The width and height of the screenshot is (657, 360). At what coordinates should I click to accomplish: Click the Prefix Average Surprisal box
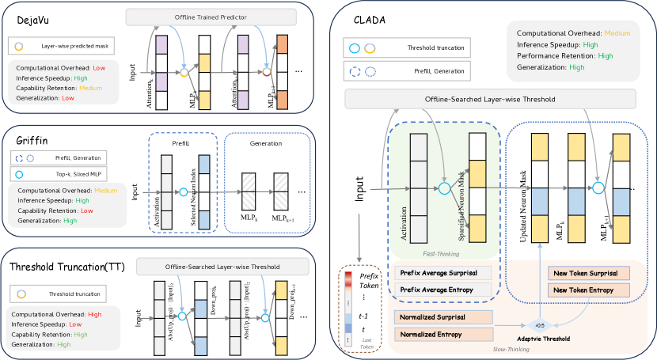[x=442, y=273]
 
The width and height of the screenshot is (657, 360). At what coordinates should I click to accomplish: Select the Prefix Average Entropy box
[x=442, y=290]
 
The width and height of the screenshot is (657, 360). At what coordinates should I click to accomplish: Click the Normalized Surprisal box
[x=442, y=318]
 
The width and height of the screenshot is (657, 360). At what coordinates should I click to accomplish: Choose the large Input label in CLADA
[x=359, y=188]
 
